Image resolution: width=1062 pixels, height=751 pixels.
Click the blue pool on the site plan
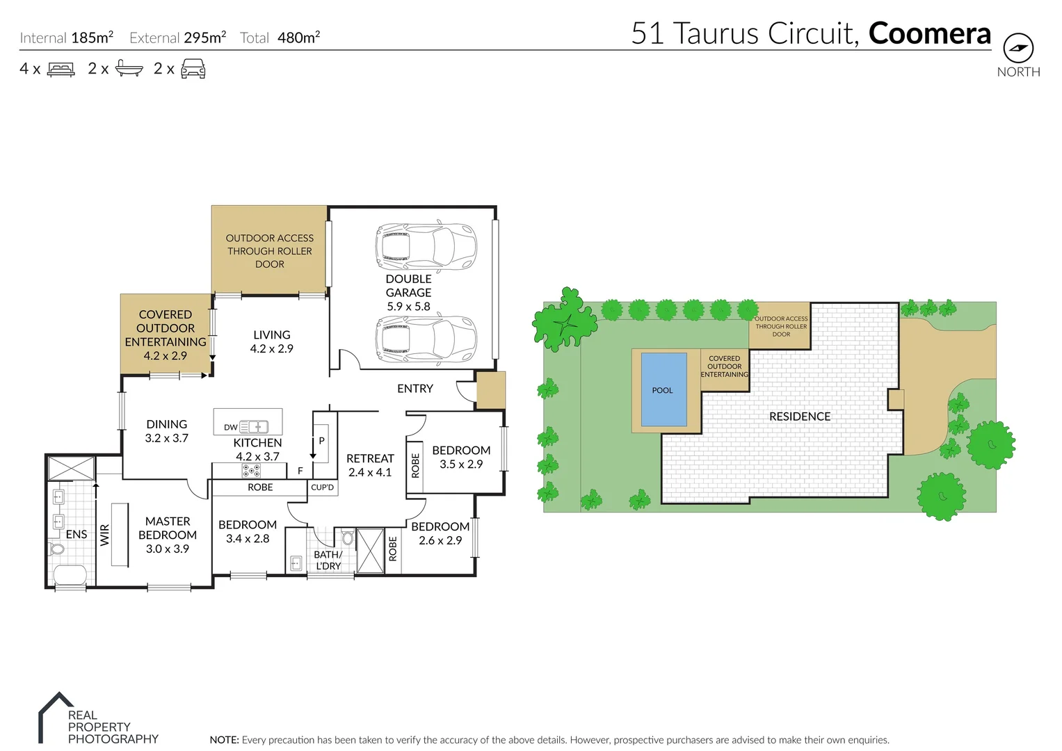tap(663, 389)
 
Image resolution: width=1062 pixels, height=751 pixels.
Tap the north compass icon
tap(1018, 49)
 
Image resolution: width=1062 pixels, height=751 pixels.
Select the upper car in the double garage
tap(426, 247)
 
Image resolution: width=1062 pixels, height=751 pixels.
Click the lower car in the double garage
tap(426, 339)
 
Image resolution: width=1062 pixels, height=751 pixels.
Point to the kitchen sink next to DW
tap(254, 427)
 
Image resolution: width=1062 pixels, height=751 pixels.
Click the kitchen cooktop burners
tap(251, 471)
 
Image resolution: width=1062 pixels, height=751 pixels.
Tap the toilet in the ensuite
tap(57, 549)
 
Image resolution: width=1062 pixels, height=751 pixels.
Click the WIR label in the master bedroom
tap(105, 535)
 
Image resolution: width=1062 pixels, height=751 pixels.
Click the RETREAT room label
tap(370, 459)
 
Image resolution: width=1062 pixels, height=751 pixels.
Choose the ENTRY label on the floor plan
tap(415, 389)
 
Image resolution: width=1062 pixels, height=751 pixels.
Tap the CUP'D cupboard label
tap(322, 487)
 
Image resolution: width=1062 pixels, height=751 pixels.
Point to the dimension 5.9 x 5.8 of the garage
tap(408, 306)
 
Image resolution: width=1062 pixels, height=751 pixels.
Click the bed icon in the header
tap(61, 70)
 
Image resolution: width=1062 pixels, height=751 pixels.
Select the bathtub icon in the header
tap(129, 69)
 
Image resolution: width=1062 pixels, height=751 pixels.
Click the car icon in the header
tap(193, 69)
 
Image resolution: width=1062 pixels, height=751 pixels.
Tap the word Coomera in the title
tap(929, 33)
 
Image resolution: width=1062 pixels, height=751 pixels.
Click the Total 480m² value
tap(298, 38)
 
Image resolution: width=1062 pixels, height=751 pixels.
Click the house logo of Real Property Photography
tap(54, 716)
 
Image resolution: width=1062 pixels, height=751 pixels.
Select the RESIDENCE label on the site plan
tap(800, 417)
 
